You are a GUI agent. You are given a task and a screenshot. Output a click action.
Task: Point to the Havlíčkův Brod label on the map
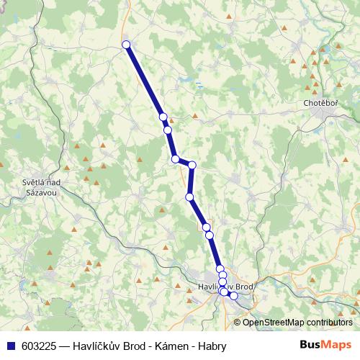click(225, 287)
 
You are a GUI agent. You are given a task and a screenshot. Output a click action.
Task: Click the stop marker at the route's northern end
click(127, 45)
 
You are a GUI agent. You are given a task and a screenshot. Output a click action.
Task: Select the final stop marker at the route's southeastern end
click(233, 295)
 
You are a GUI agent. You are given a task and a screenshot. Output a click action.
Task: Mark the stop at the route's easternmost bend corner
click(192, 166)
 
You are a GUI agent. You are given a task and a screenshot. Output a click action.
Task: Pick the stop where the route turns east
click(175, 159)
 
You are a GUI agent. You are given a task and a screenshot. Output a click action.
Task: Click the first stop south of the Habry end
click(163, 117)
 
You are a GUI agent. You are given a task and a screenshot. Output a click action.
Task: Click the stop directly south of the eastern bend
click(189, 197)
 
